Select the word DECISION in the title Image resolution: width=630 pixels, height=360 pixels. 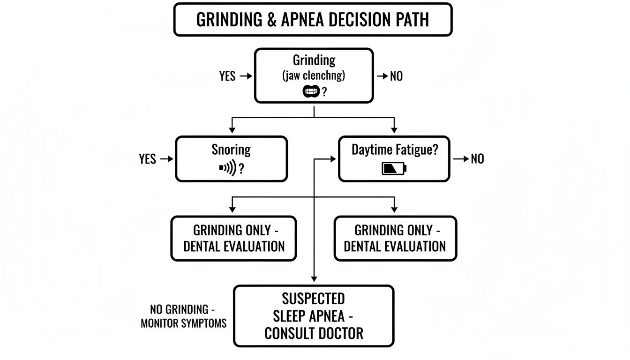point(360,20)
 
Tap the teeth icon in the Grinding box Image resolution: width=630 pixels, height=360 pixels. point(311,92)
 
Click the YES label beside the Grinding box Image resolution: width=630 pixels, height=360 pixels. point(227,76)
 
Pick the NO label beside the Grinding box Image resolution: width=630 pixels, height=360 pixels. point(396,76)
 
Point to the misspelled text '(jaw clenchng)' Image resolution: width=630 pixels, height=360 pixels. point(314,76)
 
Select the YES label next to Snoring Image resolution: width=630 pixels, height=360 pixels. point(148,159)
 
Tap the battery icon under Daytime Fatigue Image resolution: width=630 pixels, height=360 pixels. point(394,168)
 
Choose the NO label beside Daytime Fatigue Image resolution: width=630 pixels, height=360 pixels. point(477,159)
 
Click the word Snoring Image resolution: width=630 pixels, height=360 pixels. point(231,150)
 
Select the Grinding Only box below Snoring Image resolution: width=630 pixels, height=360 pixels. point(233,238)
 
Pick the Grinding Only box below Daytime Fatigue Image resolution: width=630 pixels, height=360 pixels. point(395,238)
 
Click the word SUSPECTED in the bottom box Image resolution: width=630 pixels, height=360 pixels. point(313,299)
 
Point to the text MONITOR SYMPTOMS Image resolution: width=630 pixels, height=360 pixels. point(183,323)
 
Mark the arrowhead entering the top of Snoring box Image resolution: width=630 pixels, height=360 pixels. point(231,130)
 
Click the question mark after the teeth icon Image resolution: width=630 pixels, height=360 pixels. point(323,92)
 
